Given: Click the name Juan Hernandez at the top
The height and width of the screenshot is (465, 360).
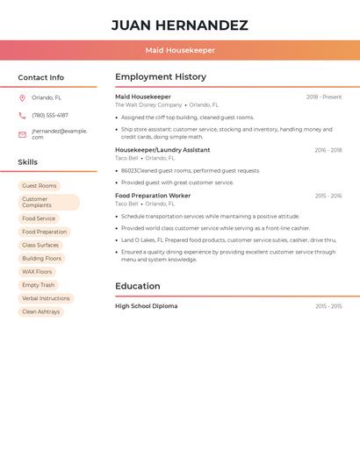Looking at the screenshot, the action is (x=180, y=25).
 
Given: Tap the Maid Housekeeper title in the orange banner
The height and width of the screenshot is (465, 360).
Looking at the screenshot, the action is (x=180, y=50).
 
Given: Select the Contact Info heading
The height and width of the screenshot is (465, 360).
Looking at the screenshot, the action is (x=41, y=77).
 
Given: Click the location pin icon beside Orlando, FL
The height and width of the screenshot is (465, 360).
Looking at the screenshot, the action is (x=22, y=97).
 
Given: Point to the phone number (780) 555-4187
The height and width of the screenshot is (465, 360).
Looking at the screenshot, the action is (x=50, y=115).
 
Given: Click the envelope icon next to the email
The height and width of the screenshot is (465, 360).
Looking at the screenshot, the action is (x=22, y=134).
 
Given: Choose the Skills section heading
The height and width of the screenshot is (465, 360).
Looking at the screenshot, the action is (x=28, y=162).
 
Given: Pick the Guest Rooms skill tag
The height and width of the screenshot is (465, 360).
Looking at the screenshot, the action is (x=40, y=186).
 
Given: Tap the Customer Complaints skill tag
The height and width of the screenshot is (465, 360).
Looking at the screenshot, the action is (x=48, y=202).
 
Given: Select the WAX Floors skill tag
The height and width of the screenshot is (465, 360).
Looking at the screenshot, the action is (x=37, y=272).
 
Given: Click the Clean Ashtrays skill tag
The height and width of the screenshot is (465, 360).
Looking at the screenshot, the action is (x=41, y=311).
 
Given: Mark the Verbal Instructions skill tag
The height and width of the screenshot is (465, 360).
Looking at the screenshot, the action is (x=46, y=298).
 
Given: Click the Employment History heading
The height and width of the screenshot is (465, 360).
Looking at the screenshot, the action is (x=161, y=77).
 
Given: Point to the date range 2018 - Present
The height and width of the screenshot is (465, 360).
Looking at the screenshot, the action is (x=324, y=97).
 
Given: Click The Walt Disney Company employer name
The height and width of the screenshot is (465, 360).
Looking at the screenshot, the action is (x=148, y=104).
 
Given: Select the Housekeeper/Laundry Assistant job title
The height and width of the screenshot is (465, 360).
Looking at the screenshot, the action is (x=162, y=150).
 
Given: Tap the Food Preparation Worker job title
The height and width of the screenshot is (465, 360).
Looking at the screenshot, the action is (x=153, y=196).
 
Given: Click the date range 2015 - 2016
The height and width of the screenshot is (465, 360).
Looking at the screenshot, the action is (x=328, y=196).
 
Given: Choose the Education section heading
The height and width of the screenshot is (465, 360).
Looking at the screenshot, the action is (x=138, y=286).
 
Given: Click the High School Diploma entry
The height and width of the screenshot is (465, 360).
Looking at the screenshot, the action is (x=147, y=306).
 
